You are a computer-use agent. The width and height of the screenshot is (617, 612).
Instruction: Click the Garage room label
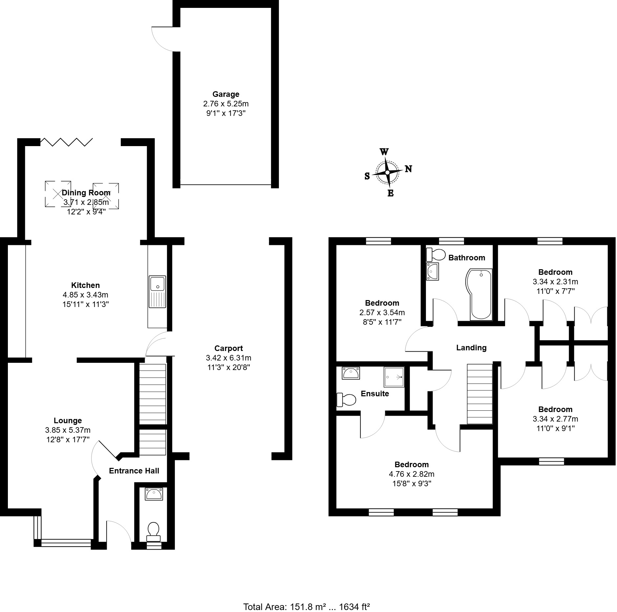coord(226,95)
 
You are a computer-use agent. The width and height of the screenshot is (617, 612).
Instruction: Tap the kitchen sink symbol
coord(158,292)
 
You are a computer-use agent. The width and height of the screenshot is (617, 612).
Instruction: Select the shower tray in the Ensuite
coord(394,377)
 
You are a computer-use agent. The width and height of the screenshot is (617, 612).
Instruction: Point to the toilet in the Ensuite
coord(347,400)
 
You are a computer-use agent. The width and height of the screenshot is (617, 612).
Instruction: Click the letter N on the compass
coord(408,169)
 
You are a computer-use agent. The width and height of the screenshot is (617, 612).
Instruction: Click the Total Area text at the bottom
coord(307,607)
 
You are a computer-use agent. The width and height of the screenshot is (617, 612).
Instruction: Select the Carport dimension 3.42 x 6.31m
coord(228,358)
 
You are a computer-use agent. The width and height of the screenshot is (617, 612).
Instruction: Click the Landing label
coord(471,348)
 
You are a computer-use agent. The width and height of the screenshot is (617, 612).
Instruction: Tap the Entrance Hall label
coord(134,471)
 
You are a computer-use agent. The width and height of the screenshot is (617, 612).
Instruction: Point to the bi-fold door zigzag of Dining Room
coord(66,142)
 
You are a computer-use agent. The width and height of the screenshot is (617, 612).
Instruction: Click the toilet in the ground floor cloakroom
coord(153,532)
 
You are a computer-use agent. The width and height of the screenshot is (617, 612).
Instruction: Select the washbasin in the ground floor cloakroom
coord(154,494)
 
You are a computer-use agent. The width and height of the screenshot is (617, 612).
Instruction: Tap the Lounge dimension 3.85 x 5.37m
coord(68,430)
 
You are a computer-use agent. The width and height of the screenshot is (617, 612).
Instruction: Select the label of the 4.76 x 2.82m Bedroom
coord(412,465)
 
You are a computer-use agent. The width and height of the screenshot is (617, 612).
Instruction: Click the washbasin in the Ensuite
coord(351,373)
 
